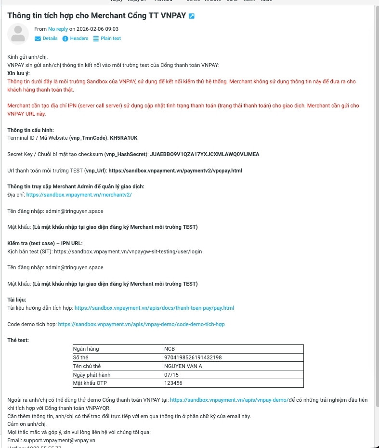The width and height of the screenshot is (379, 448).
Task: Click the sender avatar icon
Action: [18, 34]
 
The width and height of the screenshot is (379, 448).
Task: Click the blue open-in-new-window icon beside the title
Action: [192, 16]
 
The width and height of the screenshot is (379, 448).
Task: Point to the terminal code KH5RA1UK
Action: [124, 138]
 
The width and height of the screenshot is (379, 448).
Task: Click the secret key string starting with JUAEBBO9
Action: [205, 154]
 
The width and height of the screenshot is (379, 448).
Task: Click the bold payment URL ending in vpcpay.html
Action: [175, 171]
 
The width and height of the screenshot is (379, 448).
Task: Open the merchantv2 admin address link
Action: [79, 195]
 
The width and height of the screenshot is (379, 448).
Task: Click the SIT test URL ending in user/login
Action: [128, 251]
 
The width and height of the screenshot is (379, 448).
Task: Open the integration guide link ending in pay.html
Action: [154, 308]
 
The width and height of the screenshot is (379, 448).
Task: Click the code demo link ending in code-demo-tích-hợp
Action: [141, 324]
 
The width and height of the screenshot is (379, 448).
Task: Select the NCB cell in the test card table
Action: [170, 349]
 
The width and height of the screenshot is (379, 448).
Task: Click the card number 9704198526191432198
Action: [193, 357]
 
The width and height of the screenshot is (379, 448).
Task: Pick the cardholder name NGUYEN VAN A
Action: [183, 366]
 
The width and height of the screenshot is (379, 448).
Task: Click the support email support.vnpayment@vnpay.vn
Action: [59, 440]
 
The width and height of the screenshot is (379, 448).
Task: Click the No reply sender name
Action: [58, 29]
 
